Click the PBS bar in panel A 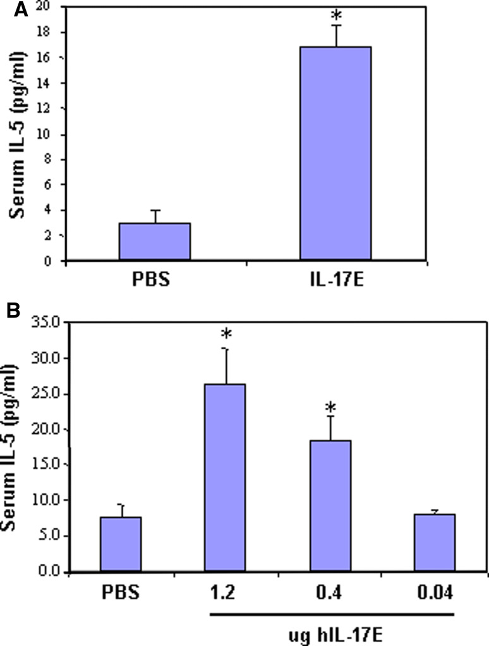click(x=154, y=242)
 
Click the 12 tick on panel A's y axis click(x=49, y=109)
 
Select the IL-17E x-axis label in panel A click(x=335, y=279)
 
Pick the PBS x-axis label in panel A click(x=155, y=279)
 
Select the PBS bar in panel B click(x=120, y=544)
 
